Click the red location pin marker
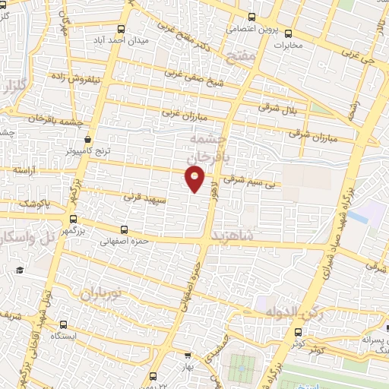195,179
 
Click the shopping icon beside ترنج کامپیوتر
90,141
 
